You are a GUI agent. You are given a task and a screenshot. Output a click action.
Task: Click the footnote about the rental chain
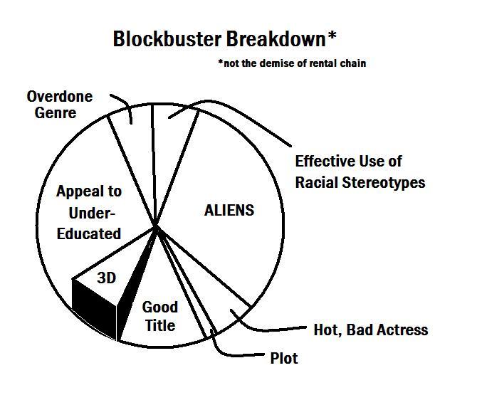click(x=292, y=63)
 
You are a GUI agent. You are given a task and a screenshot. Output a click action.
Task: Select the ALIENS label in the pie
click(x=229, y=211)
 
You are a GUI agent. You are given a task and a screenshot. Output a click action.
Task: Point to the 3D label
click(x=106, y=278)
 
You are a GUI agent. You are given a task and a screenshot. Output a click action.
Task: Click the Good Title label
click(x=159, y=317)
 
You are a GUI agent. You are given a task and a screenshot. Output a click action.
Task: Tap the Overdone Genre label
click(x=61, y=104)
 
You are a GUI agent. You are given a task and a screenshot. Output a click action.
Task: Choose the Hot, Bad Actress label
click(x=371, y=330)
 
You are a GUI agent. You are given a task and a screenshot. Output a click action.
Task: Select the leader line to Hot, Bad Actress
click(x=271, y=330)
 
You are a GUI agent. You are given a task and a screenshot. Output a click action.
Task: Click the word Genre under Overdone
click(x=51, y=113)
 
